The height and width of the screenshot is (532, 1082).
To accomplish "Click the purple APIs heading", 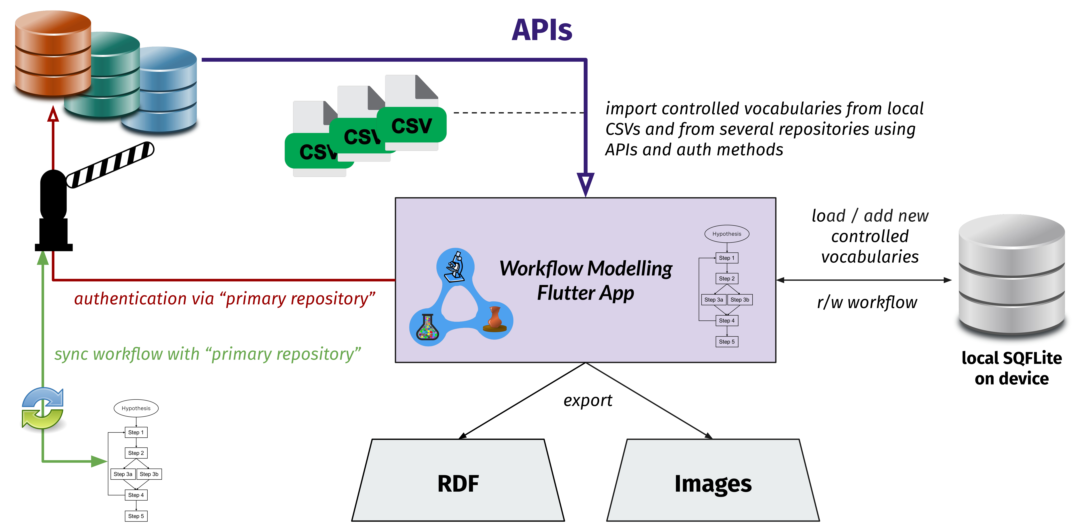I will click(x=542, y=30).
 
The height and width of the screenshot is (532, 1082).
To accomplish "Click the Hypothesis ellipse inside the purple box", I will click(x=727, y=234).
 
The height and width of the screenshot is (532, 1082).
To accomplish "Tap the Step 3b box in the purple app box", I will click(x=740, y=300).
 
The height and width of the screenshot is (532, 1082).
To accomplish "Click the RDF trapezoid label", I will click(x=458, y=484).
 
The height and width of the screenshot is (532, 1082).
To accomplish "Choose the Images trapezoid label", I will click(x=713, y=484).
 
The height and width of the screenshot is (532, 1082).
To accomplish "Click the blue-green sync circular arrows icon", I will click(x=42, y=408).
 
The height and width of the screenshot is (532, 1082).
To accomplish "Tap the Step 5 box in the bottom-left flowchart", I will click(x=136, y=516).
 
